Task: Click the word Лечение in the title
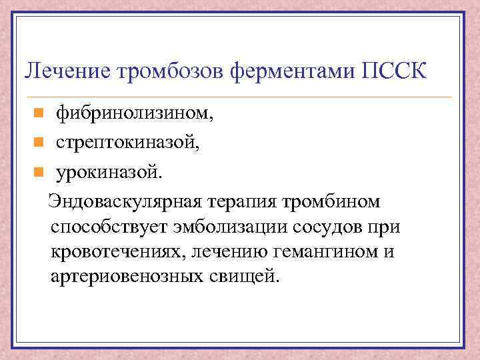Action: tap(63, 70)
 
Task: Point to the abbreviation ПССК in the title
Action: tap(394, 69)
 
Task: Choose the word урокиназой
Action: tap(108, 173)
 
